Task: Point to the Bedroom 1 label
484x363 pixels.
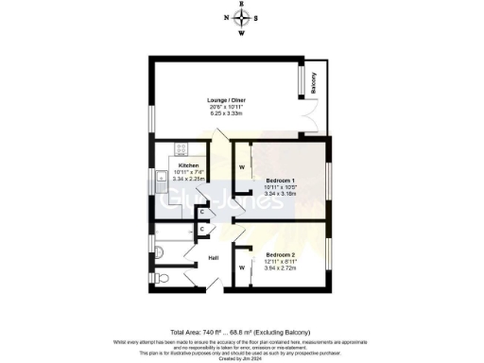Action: (280, 181)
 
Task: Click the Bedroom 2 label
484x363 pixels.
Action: (281, 255)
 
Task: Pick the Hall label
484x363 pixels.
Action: (214, 258)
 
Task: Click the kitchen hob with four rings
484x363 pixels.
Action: (181, 149)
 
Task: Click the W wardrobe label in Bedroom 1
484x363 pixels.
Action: (242, 167)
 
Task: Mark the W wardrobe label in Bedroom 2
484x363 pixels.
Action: (243, 268)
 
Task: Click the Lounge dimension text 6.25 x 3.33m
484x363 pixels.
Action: (227, 114)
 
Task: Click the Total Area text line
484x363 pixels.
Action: (242, 333)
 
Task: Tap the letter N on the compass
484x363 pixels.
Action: (226, 17)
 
